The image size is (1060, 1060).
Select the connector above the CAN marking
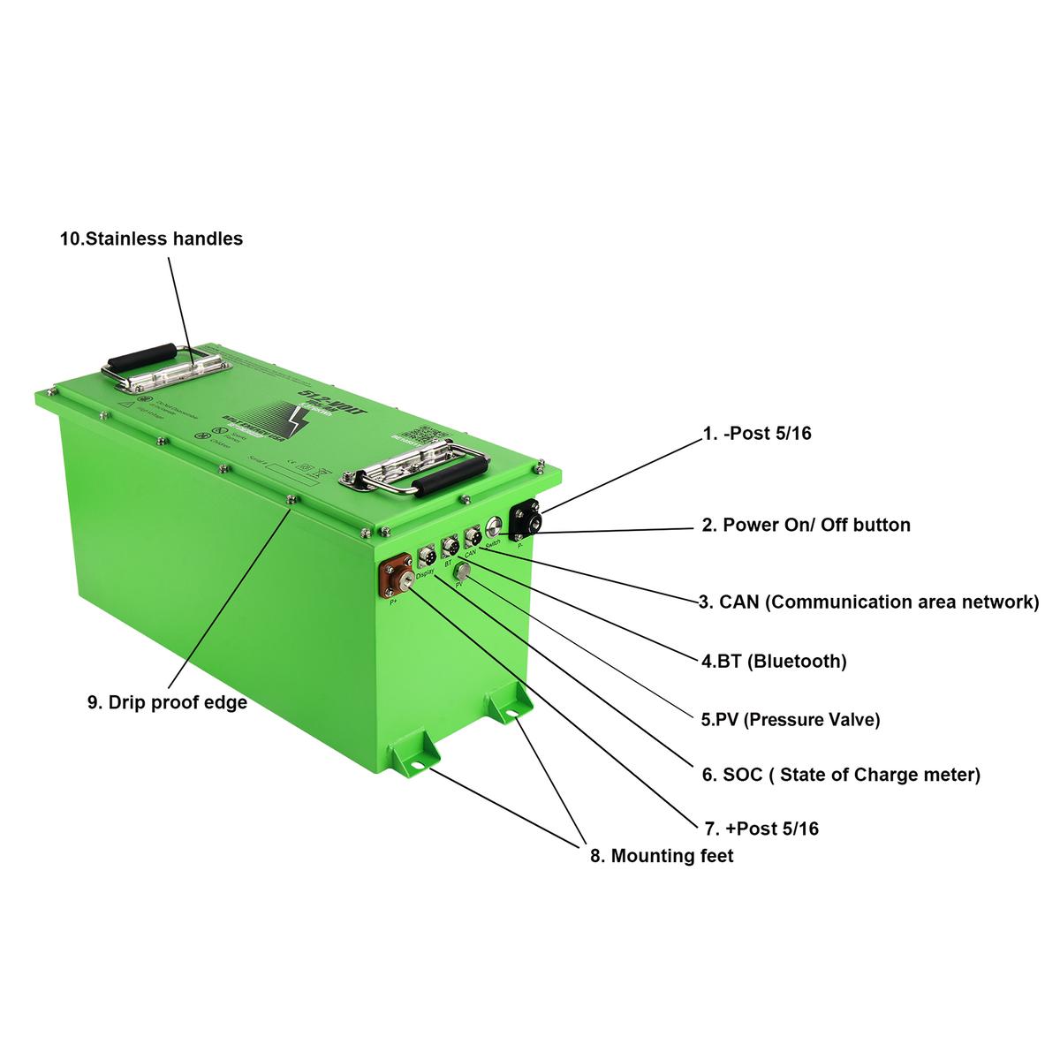click(472, 535)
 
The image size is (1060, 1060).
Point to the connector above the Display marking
click(427, 556)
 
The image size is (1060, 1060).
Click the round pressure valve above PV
click(460, 572)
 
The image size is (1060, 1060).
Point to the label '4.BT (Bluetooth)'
click(775, 661)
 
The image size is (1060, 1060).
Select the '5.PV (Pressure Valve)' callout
click(791, 720)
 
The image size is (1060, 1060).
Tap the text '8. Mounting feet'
click(662, 855)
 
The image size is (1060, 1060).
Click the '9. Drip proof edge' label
click(167, 703)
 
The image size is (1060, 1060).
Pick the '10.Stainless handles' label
click(151, 238)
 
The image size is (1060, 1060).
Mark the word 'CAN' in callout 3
click(739, 602)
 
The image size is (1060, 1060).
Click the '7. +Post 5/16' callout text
click(761, 829)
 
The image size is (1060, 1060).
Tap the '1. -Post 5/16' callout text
click(756, 434)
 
